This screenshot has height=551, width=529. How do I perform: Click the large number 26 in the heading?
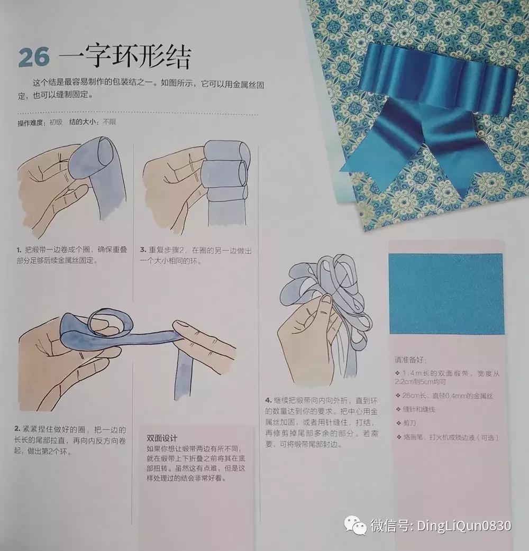[x=34, y=58]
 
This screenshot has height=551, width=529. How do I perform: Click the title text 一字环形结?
[x=125, y=56]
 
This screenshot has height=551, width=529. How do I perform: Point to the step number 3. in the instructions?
[x=143, y=250]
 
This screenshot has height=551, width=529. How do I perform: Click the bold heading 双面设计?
[x=161, y=438]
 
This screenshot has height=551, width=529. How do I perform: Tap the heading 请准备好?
[x=409, y=360]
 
